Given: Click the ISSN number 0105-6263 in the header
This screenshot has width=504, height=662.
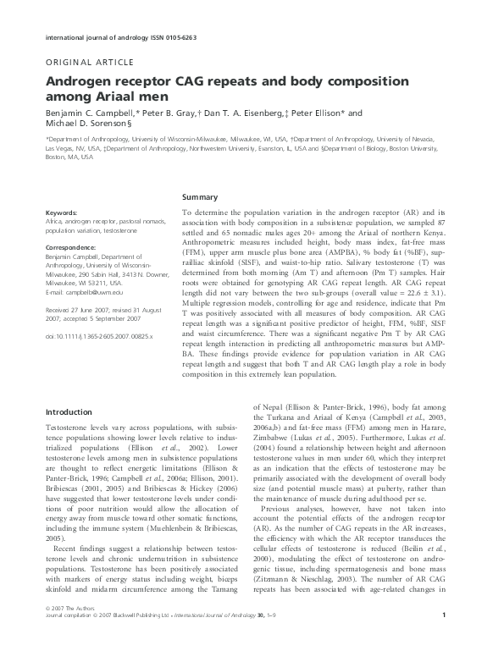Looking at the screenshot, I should click(198, 38).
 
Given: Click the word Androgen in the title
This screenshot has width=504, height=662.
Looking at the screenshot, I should click(81, 82).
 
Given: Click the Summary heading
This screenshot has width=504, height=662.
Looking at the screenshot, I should click(200, 196).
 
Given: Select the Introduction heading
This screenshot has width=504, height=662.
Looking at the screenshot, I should click(69, 412).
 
